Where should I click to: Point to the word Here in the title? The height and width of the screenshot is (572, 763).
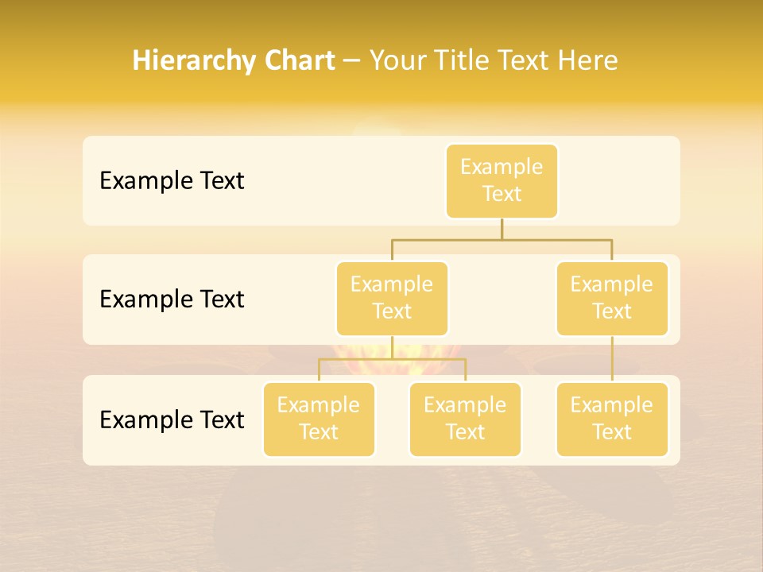click(587, 60)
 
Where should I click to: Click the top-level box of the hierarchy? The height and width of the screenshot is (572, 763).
click(502, 181)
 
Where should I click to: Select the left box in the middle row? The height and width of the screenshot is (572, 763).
click(392, 299)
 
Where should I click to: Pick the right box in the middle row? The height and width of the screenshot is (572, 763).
click(612, 299)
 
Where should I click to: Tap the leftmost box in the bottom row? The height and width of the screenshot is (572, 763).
click(319, 419)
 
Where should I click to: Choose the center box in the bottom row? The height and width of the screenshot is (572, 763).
click(465, 419)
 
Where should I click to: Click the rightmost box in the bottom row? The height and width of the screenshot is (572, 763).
click(612, 419)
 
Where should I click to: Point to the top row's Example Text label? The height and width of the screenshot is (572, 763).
click(172, 181)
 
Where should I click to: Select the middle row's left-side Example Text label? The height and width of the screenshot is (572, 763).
click(172, 300)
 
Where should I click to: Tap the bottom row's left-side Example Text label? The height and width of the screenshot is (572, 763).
click(172, 420)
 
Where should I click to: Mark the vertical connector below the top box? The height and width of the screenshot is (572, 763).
click(502, 229)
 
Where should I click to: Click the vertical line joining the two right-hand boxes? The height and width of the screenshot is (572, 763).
click(612, 359)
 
